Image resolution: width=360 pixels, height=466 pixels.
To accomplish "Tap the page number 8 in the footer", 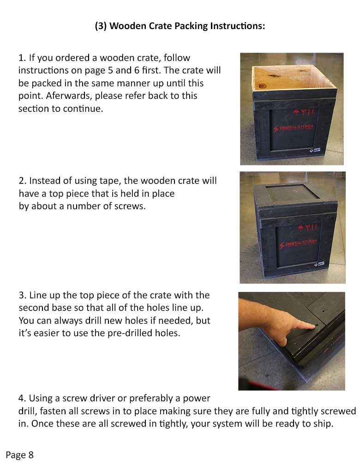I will tap(31, 455).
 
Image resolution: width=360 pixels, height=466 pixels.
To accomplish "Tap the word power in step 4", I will tap(198, 398).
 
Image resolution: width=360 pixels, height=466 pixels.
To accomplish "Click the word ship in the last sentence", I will tap(323, 424).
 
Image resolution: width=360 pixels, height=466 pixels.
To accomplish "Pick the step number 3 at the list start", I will tap(21, 295).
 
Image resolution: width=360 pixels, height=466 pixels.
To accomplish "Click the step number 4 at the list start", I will tap(21, 398).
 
